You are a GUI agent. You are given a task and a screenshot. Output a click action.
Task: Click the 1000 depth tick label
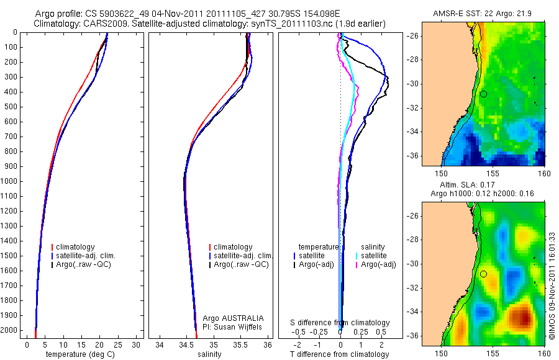pos(11,181)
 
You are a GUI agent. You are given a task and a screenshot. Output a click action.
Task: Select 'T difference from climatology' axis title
pos(340,354)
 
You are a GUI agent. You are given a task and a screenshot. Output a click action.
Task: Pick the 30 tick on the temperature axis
pos(137,345)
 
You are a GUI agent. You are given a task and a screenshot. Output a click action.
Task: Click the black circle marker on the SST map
pos(483,94)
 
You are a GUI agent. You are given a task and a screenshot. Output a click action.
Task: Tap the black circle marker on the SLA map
pos(483,274)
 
